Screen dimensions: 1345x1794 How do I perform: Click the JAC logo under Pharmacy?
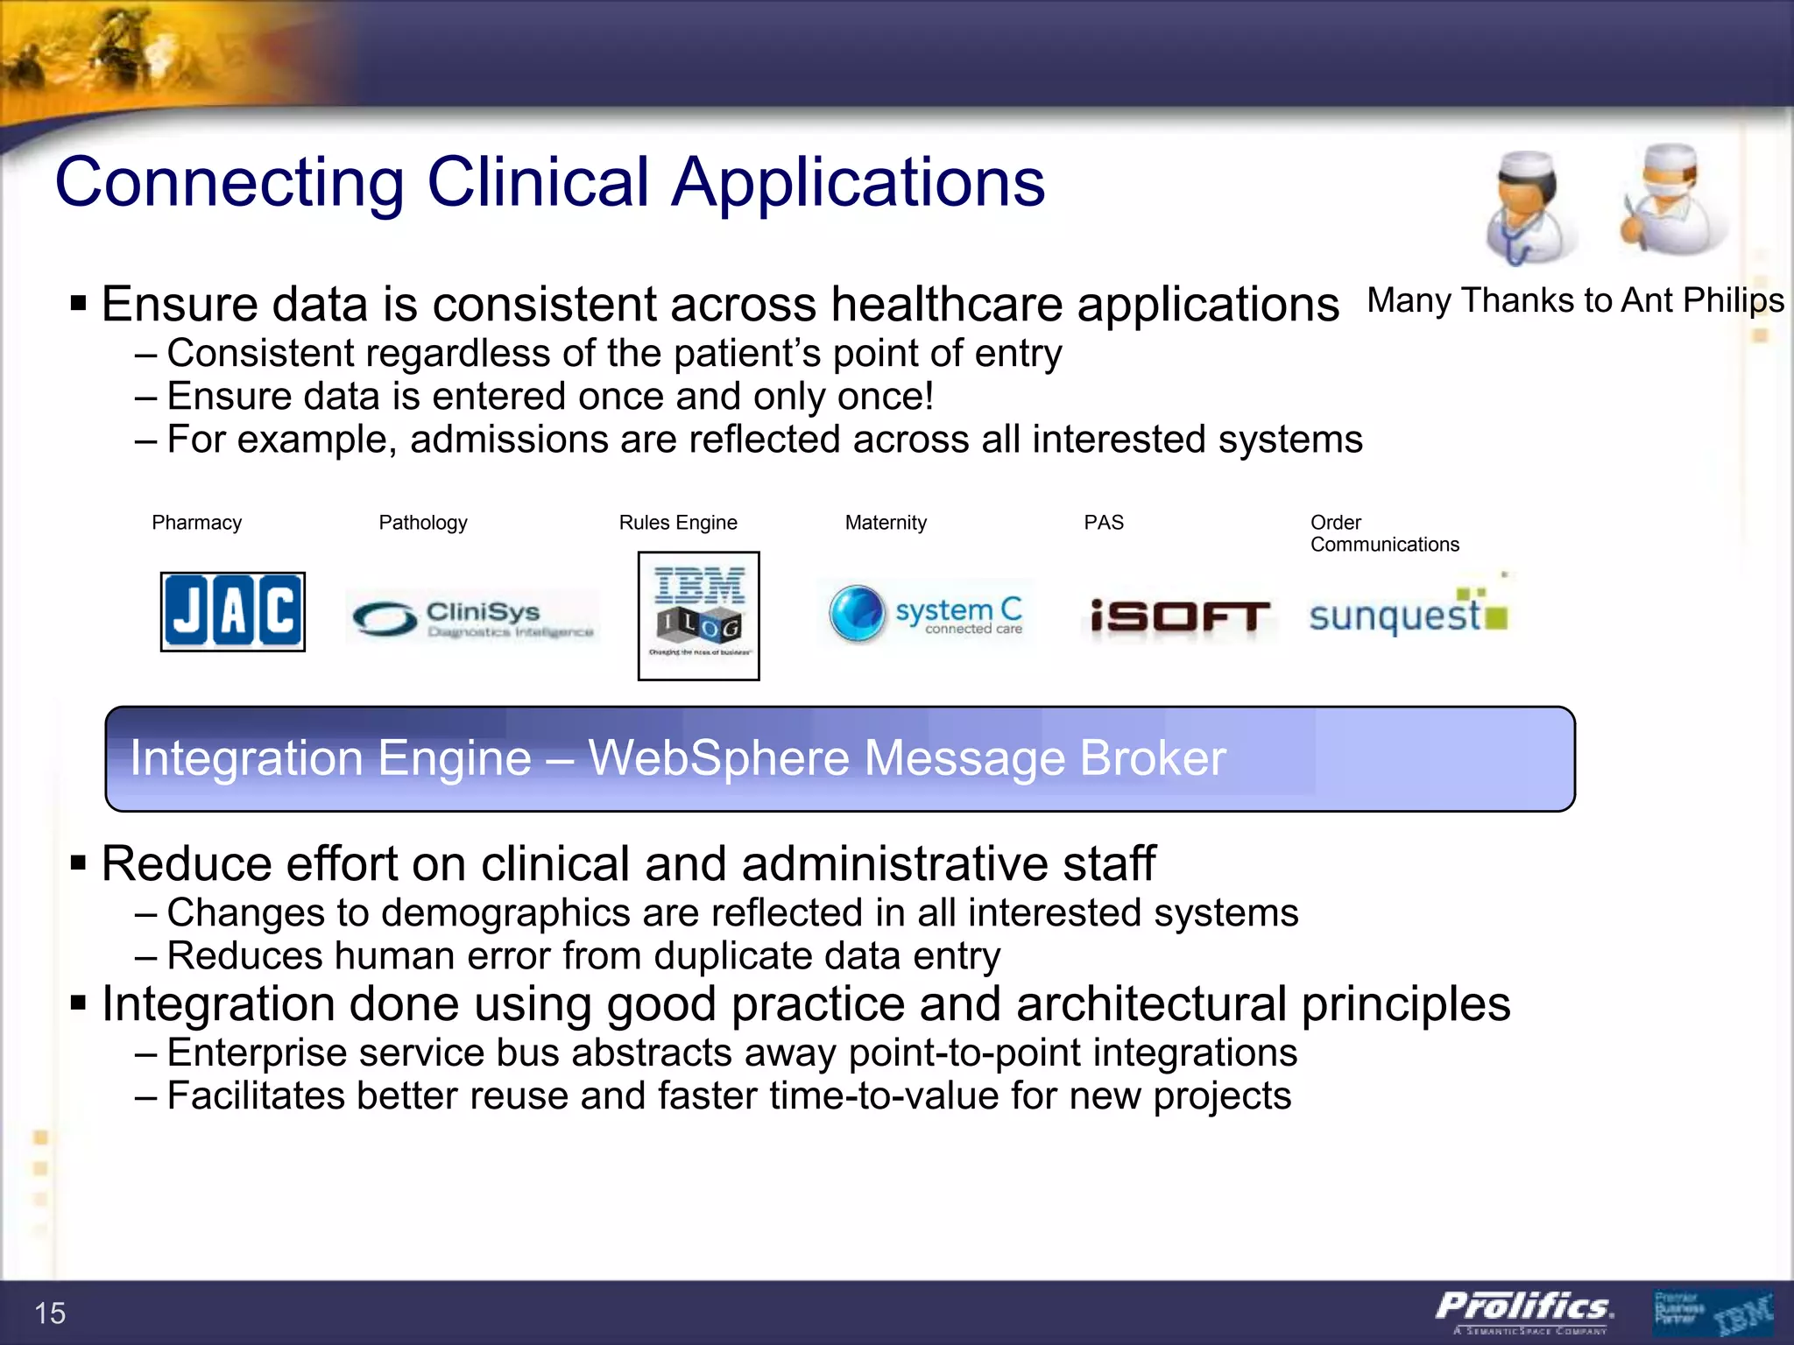[x=232, y=611]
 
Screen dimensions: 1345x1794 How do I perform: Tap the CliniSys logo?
[x=473, y=617]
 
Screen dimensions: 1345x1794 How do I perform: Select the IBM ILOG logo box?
[x=698, y=616]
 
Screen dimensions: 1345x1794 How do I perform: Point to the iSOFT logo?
[x=1179, y=616]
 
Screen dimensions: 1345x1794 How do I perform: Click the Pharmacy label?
[x=196, y=523]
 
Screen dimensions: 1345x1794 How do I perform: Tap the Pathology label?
[x=422, y=523]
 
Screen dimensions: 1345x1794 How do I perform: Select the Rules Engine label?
[x=678, y=523]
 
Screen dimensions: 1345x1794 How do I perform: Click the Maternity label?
[x=886, y=523]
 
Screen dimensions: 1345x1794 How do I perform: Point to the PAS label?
[x=1103, y=523]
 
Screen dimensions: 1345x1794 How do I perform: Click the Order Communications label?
[x=1384, y=533]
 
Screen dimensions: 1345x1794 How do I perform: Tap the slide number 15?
[x=50, y=1313]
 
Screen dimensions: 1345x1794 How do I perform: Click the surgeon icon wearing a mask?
[x=1669, y=200]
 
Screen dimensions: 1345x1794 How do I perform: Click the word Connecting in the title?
[x=230, y=182]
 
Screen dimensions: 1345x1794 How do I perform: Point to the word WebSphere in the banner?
[x=718, y=758]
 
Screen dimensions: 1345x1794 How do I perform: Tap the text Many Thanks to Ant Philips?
[x=1575, y=300]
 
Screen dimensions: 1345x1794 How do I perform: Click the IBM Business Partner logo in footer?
[x=1713, y=1311]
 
